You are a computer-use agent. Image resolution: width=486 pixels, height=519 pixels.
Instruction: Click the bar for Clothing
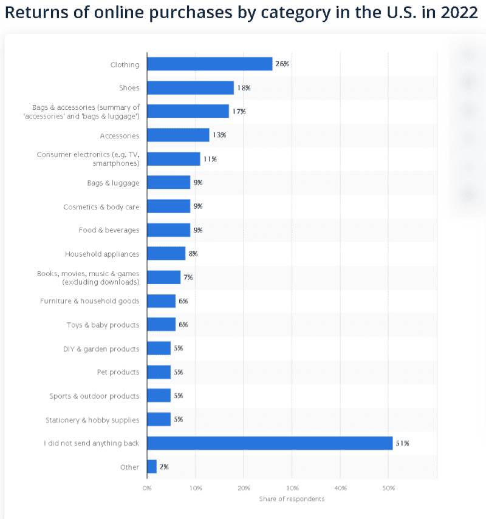click(210, 64)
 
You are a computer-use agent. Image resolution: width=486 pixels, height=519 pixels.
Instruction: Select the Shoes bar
click(190, 87)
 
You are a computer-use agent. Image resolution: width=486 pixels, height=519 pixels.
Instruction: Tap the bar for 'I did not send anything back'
click(270, 443)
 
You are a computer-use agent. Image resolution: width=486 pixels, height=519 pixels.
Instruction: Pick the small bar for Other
click(152, 467)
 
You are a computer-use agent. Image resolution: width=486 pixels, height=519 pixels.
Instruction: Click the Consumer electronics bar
click(173, 159)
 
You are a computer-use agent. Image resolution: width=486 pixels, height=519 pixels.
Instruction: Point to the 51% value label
click(402, 443)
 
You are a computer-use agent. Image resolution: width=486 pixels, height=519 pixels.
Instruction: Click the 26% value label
click(282, 64)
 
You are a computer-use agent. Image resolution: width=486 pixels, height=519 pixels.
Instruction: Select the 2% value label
click(164, 467)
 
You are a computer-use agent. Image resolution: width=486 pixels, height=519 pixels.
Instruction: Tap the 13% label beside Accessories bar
click(219, 135)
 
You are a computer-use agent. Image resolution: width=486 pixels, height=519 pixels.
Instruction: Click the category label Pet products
click(118, 372)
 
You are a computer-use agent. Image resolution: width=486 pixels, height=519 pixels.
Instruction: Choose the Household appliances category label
click(102, 254)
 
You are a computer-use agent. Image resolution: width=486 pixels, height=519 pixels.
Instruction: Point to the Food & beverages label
click(109, 230)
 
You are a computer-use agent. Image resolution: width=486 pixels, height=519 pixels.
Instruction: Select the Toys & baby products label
click(103, 325)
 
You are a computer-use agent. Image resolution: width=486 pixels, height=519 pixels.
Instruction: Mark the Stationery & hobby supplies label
click(92, 420)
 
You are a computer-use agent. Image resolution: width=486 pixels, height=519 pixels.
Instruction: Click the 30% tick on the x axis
click(292, 487)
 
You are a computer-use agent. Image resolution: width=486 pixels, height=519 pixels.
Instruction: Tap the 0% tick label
click(147, 487)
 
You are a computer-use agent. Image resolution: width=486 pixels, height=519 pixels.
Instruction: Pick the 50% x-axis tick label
click(389, 487)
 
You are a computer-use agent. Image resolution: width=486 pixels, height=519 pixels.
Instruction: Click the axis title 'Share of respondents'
click(292, 499)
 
